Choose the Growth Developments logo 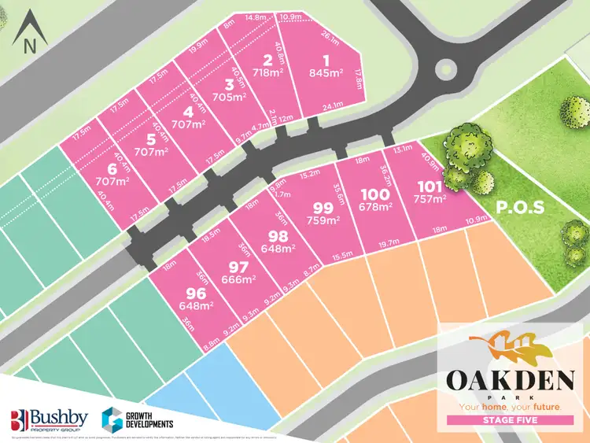(139, 417)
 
